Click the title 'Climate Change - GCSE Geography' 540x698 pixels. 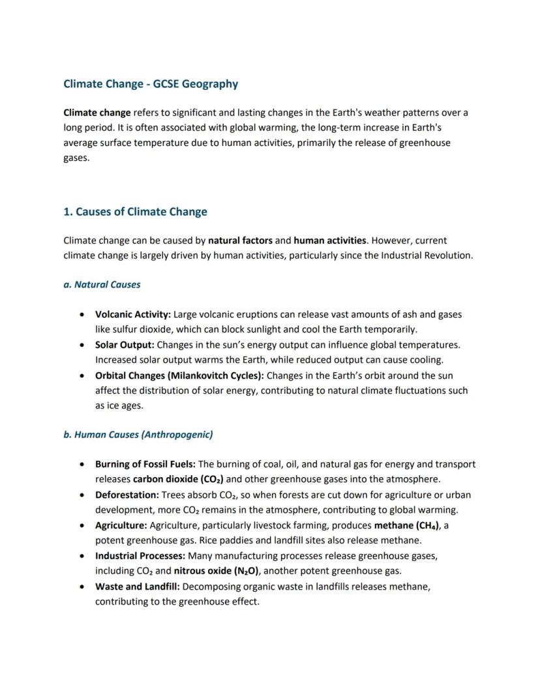click(x=151, y=84)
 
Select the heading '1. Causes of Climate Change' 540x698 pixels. click(x=135, y=212)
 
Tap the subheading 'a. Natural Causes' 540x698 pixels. click(x=102, y=285)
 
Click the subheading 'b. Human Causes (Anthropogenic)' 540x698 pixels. click(x=138, y=435)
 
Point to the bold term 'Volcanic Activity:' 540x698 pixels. click(x=133, y=315)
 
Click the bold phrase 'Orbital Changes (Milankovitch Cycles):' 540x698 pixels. click(x=179, y=375)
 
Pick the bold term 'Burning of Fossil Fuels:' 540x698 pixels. click(x=145, y=465)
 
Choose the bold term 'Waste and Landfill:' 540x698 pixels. click(x=138, y=587)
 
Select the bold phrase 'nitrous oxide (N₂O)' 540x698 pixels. click(x=217, y=572)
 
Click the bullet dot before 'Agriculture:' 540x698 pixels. click(x=81, y=526)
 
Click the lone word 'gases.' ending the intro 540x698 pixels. click(x=76, y=158)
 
